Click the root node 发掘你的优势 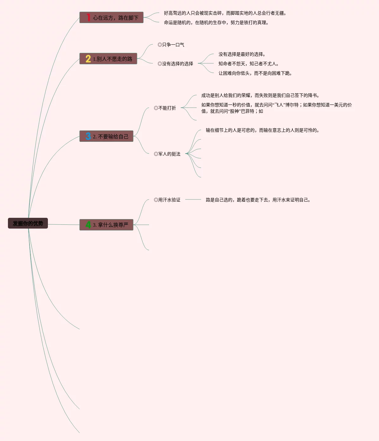tap(28, 223)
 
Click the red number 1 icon tap(88, 17)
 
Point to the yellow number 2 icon tap(88, 59)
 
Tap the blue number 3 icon tap(88, 136)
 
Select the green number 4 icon tap(88, 225)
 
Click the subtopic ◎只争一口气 tap(171, 45)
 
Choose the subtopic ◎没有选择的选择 tap(175, 64)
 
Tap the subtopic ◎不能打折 tap(165, 108)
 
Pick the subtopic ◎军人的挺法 tap(167, 154)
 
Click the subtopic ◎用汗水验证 tap(167, 200)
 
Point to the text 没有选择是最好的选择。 tap(242, 54)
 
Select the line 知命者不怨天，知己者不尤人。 tap(249, 64)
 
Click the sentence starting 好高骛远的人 tap(225, 13)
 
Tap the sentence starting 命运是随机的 tap(216, 22)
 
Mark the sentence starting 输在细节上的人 tap(263, 130)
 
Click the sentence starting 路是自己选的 tap(258, 200)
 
